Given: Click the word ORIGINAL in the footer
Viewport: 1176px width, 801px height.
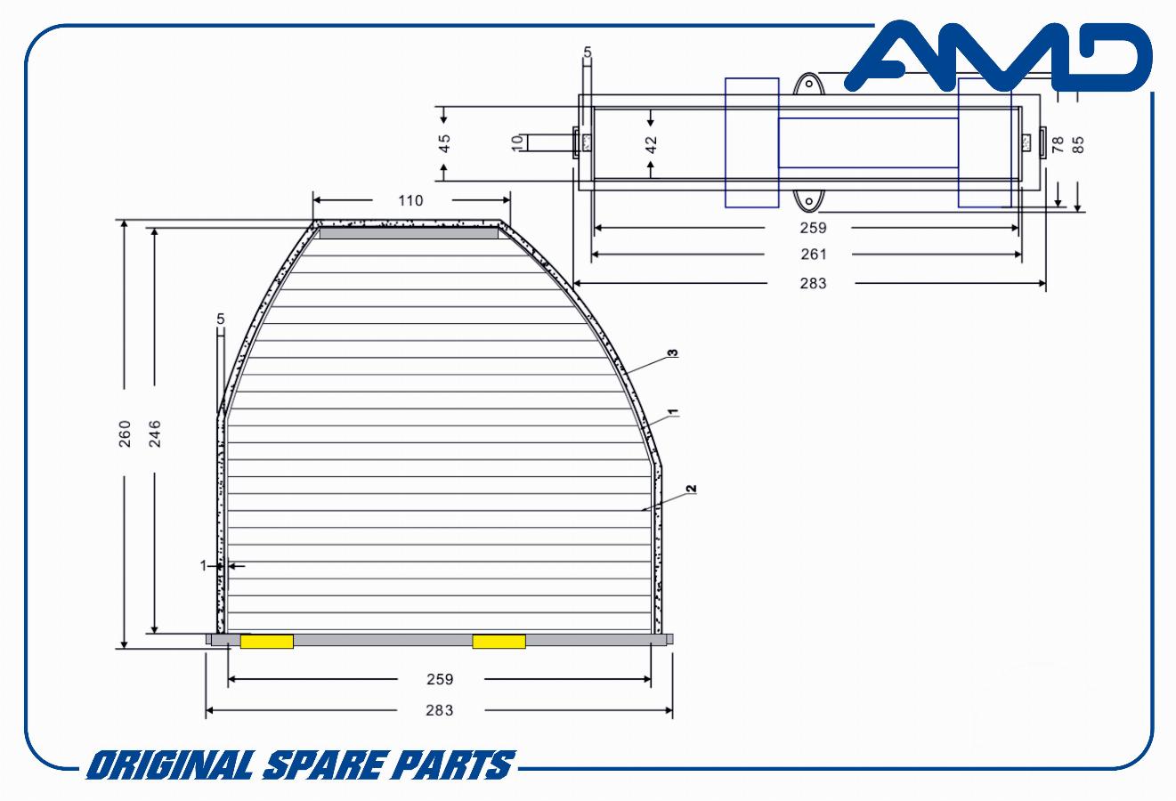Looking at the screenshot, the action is [172, 765].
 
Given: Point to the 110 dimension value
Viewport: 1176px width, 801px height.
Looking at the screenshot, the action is [410, 200].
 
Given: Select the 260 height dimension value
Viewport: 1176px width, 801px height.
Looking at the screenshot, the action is [125, 433].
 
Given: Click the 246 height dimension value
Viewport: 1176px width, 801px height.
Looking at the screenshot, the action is [155, 433].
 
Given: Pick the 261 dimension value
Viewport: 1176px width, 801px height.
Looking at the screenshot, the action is [813, 255].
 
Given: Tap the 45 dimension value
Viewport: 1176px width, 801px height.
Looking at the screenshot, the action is [445, 143].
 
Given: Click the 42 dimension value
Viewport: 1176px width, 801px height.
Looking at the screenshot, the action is [651, 144].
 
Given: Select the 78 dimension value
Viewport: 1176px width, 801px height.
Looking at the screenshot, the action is [1058, 144].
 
